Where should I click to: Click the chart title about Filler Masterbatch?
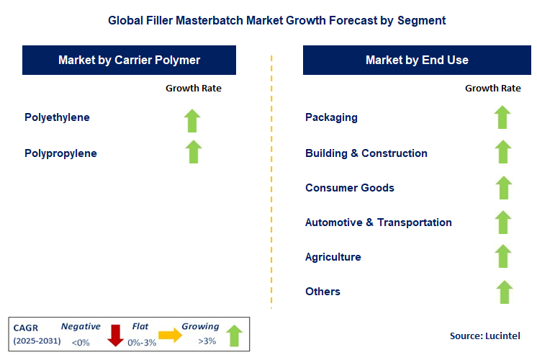point(276,20)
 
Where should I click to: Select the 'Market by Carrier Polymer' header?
point(130,60)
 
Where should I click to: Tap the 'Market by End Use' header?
point(417,60)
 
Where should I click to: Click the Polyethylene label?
point(57,117)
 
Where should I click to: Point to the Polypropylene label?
point(60,153)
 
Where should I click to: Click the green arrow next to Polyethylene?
point(192,120)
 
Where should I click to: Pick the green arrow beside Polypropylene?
point(193,152)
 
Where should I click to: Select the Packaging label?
point(331,117)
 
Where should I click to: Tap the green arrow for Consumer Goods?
point(503,187)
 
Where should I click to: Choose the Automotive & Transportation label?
point(378,222)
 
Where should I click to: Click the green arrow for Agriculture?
point(503,256)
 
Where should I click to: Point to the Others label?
point(322,292)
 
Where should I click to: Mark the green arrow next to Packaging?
point(503,117)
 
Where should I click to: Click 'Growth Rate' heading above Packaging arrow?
point(492,88)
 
